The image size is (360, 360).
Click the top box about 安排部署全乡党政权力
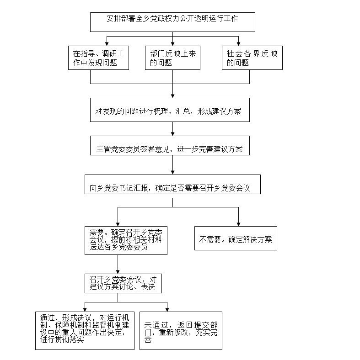point(172,22)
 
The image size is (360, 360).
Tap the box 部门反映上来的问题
point(172,58)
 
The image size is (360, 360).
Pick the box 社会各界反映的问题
point(253,58)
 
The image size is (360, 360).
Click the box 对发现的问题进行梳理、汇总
point(170,110)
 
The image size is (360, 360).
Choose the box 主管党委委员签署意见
point(170,146)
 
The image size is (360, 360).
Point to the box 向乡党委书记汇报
point(172,185)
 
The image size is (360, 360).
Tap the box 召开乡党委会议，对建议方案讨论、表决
point(123,283)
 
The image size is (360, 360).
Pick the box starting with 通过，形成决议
point(85,330)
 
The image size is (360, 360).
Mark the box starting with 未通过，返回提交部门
point(181,331)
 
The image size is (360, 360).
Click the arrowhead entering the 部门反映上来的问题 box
point(172,43)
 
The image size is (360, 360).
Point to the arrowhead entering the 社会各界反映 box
point(238,43)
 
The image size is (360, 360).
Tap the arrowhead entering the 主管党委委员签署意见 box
point(172,133)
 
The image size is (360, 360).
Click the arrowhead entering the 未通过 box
point(167,309)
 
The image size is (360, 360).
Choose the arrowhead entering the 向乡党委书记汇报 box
point(172,172)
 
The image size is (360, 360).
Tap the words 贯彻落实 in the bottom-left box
point(69,339)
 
